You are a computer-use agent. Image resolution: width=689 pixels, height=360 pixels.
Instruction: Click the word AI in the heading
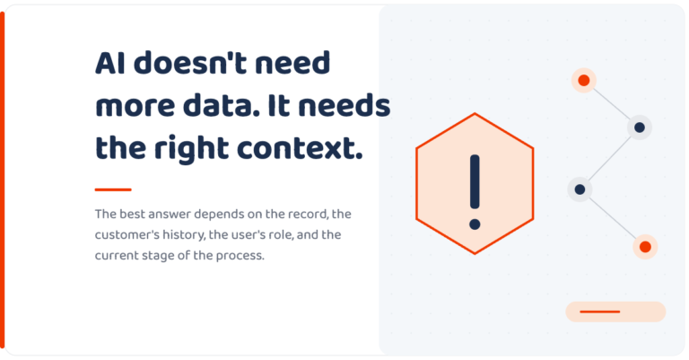[109, 63]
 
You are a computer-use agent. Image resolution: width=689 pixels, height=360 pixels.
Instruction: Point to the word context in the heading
[300, 148]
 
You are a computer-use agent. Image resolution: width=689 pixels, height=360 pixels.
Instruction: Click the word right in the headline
[192, 149]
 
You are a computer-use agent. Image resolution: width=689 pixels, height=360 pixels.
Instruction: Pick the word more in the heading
[135, 107]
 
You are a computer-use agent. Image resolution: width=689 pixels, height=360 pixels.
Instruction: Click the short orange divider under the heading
[113, 190]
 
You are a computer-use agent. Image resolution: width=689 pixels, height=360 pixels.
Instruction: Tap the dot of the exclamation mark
[475, 224]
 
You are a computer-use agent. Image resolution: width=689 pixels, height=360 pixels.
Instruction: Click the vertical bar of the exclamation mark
[475, 181]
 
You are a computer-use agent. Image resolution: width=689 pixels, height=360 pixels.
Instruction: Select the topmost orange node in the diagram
[583, 81]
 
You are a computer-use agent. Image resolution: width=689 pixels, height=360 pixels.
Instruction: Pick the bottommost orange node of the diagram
[645, 247]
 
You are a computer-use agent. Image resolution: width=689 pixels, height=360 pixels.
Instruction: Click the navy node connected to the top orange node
[640, 127]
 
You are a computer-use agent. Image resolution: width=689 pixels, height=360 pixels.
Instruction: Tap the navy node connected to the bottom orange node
[580, 189]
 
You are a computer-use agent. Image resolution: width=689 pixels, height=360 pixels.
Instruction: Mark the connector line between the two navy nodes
[609, 159]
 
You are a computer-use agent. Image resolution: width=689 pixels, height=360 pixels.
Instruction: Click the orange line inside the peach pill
[600, 312]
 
